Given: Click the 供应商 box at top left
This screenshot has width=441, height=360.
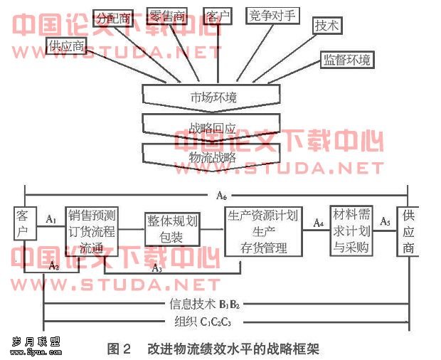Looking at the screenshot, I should (x=68, y=47).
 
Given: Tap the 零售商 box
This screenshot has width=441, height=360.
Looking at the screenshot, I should (x=167, y=16).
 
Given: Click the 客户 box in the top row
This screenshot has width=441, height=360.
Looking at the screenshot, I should (x=216, y=16).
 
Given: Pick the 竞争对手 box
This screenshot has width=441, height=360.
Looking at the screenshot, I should (x=272, y=16).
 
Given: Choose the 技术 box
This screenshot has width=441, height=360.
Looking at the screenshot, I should (x=327, y=25).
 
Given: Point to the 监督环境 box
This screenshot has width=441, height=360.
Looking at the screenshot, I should (x=346, y=59).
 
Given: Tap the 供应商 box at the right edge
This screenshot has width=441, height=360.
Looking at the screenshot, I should (x=408, y=231).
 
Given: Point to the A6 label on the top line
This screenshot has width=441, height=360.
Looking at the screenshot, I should (x=221, y=194).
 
